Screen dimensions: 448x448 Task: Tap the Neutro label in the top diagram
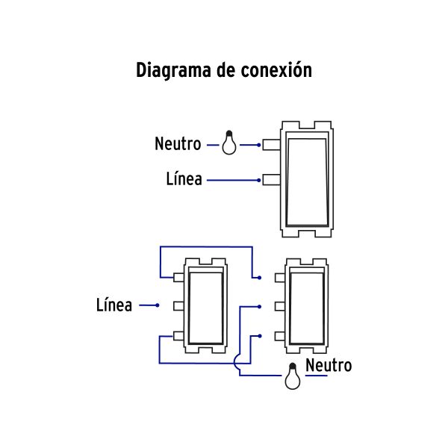pos(178,143)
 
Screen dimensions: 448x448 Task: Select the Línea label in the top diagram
pos(184,180)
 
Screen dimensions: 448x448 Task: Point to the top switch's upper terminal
pos(271,144)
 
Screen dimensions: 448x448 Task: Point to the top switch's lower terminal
pos(271,180)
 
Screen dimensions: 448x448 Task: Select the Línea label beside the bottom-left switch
pos(114,305)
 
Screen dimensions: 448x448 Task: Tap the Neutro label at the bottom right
pos(329,366)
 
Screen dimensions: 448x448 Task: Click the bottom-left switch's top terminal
pos(179,277)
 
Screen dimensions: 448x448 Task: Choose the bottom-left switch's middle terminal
pos(179,305)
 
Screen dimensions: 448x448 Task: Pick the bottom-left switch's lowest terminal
pos(179,335)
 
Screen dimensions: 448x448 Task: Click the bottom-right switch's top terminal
pos(279,277)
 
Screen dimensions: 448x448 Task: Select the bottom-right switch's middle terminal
pos(279,305)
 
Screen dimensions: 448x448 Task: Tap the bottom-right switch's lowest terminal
pos(279,335)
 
